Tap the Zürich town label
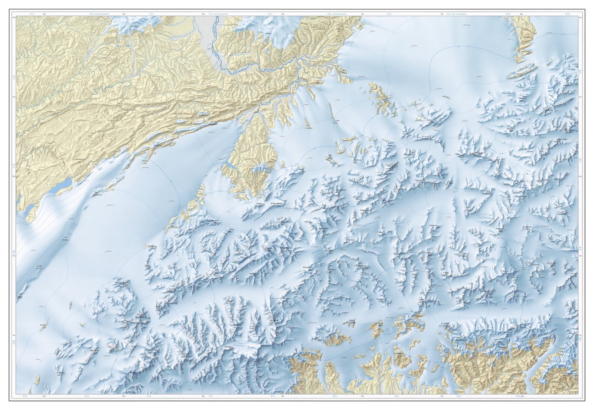[x=338, y=100]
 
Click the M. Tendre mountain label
[x=66, y=239]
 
